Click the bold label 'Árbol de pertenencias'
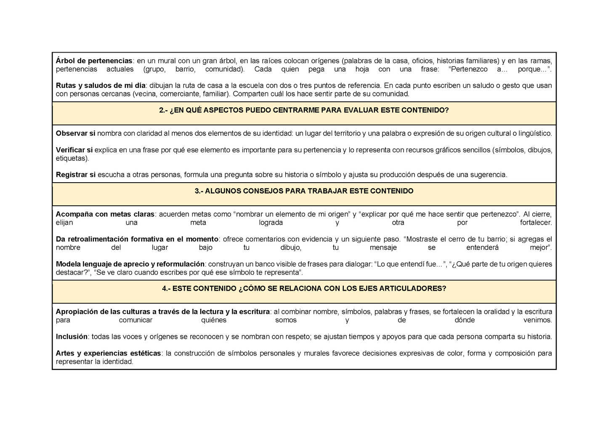point(94,61)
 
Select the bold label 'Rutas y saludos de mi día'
point(100,85)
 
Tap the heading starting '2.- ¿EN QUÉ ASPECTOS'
point(304,110)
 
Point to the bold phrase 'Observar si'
point(75,133)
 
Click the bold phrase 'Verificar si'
point(74,150)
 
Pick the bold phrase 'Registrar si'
point(76,175)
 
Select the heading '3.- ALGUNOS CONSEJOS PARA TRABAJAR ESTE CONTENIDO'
point(304,191)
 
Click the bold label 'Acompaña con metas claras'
point(105,214)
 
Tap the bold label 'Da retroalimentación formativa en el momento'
point(137,239)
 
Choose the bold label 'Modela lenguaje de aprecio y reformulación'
point(130,264)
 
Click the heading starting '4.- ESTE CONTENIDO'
point(304,289)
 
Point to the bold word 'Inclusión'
point(72,337)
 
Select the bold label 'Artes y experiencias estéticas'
point(108,353)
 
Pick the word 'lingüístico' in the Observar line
point(534,133)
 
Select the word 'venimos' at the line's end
point(537,320)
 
